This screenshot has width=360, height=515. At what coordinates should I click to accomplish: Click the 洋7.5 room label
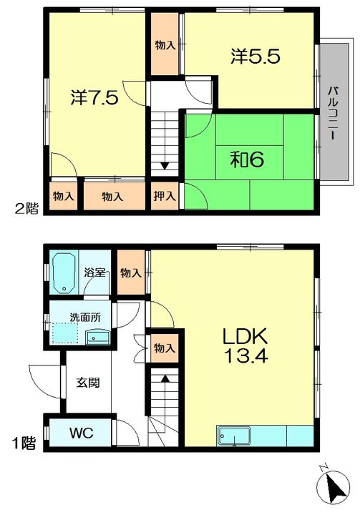click(x=94, y=97)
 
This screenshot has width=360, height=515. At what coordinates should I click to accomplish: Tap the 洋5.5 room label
click(x=256, y=57)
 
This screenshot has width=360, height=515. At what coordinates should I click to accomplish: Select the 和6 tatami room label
click(x=247, y=160)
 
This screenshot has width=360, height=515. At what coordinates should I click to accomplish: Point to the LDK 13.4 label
click(x=245, y=345)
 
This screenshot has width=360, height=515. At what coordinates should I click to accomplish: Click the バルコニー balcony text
click(x=334, y=113)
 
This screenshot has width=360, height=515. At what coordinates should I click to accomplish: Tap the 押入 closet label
click(x=165, y=197)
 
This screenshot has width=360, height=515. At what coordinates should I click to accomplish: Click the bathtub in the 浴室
click(x=64, y=273)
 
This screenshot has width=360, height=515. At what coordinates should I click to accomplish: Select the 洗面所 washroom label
click(x=85, y=318)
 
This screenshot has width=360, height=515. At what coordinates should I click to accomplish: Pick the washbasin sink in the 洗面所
click(x=97, y=338)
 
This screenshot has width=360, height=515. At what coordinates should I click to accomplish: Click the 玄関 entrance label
click(x=88, y=383)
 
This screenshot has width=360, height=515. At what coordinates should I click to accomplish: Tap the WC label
click(x=81, y=433)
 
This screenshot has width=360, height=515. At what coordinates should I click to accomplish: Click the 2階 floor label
click(x=26, y=209)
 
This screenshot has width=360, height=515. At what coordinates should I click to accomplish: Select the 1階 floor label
click(x=24, y=443)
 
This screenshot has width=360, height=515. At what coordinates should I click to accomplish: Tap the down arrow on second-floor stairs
click(x=165, y=165)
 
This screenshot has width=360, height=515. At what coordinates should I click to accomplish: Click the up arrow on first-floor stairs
click(x=165, y=378)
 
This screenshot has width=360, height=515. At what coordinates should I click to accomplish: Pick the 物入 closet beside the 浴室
click(x=130, y=273)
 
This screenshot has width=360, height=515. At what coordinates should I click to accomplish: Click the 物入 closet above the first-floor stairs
click(x=165, y=348)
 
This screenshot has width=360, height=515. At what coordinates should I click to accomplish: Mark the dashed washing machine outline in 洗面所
click(x=64, y=333)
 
